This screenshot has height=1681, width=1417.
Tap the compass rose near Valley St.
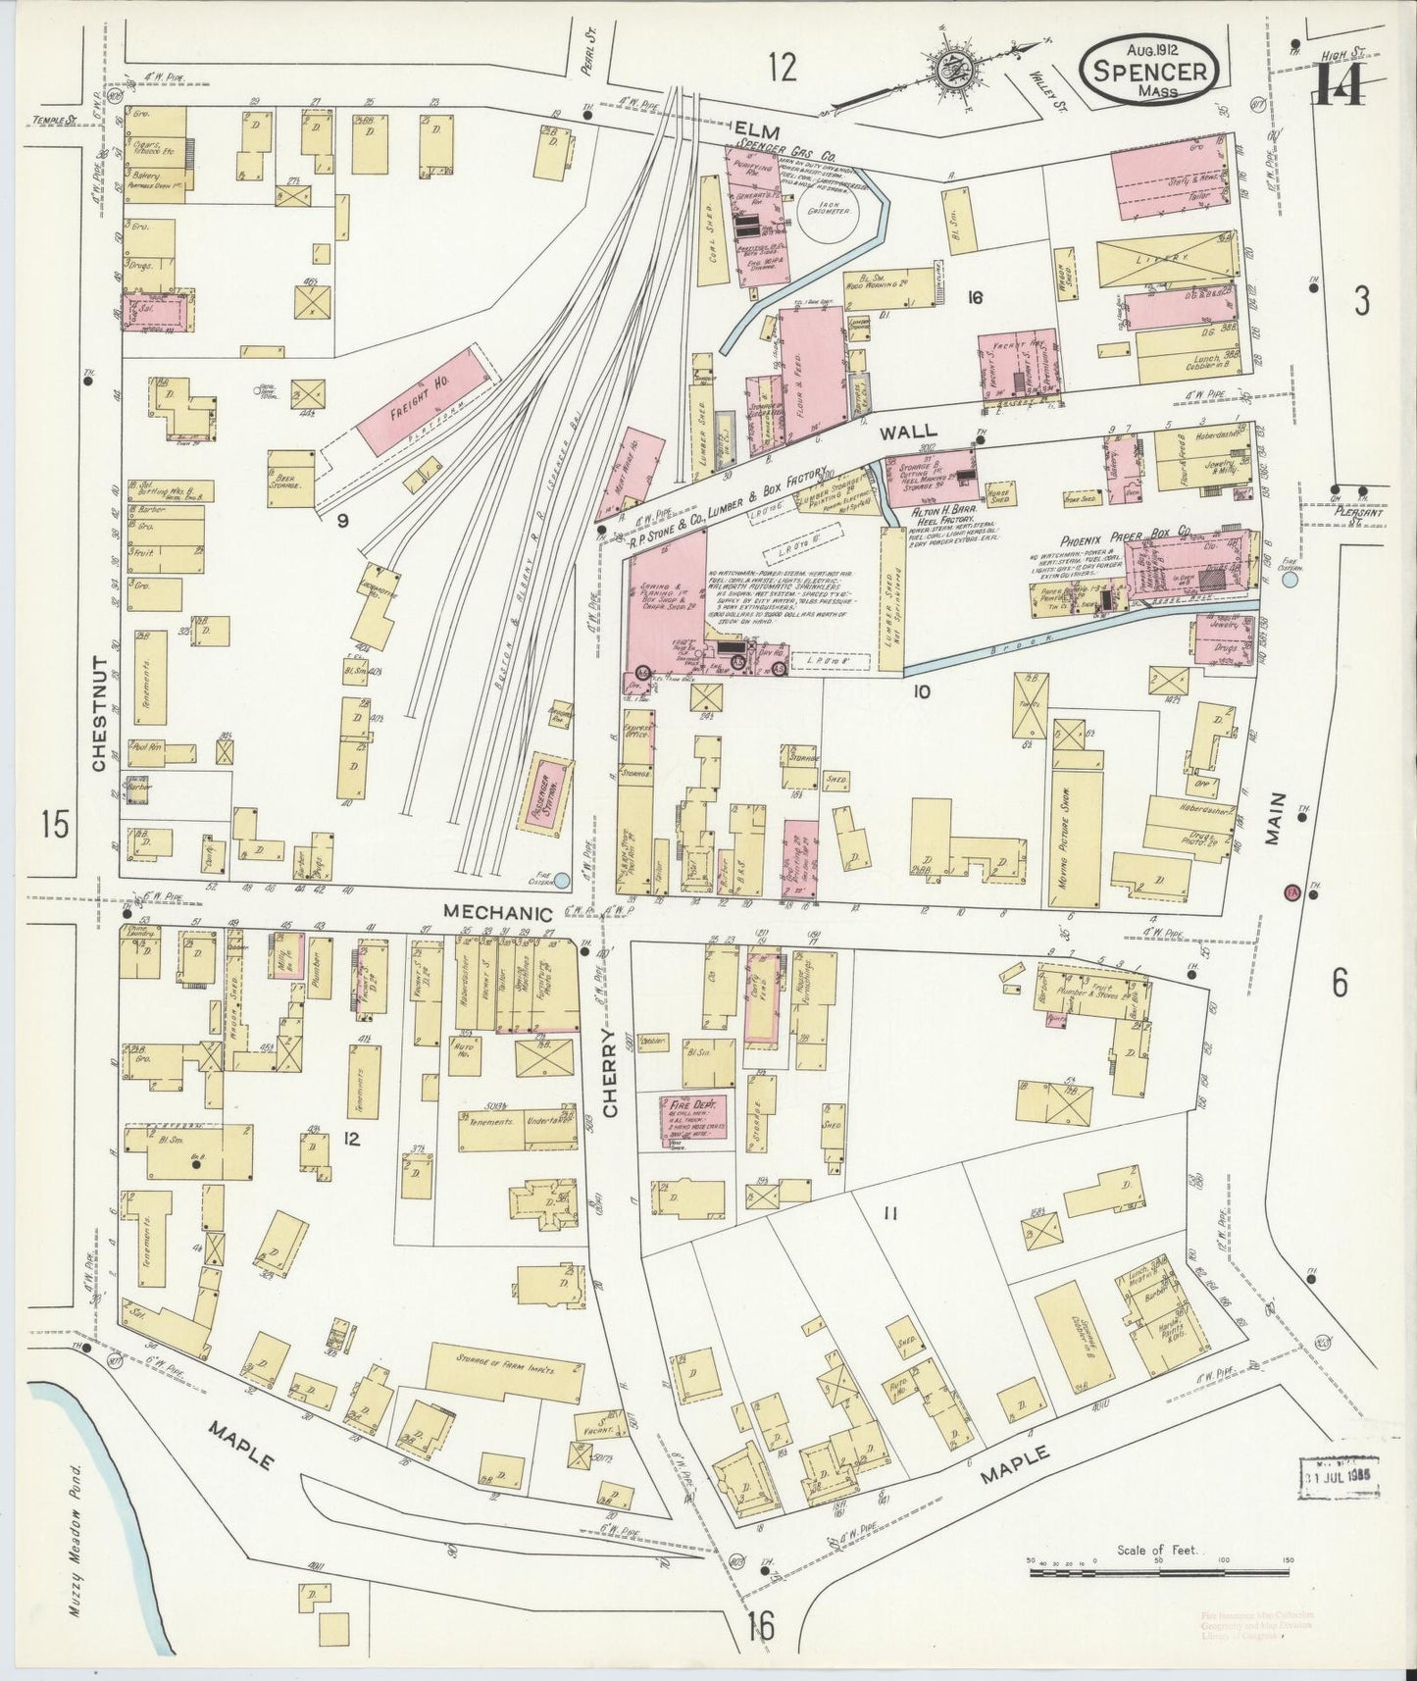pos(949,70)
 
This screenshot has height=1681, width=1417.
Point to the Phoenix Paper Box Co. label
pos(1124,535)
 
